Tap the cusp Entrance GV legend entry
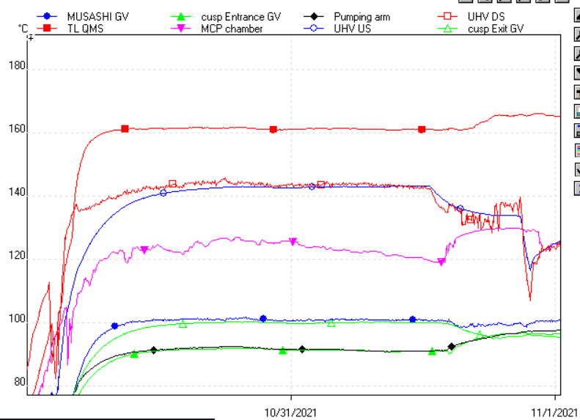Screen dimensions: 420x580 coord(241,15)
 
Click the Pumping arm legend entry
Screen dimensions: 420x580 coord(361,15)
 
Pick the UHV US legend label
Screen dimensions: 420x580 coord(352,29)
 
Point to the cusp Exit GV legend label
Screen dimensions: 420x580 coord(496,29)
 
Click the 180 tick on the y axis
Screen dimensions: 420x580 coord(15,67)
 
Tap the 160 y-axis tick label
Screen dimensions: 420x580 coord(15,131)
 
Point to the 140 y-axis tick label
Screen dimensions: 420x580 coord(15,195)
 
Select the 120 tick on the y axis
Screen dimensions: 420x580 coord(15,258)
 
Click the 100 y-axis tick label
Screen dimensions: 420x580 coord(15,321)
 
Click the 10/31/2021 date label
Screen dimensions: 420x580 coord(290,411)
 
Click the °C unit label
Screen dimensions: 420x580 coord(23,29)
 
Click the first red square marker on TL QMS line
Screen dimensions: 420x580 coord(125,129)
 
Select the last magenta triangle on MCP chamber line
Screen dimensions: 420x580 coord(441,262)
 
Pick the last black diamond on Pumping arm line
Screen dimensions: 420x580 coord(452,346)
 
